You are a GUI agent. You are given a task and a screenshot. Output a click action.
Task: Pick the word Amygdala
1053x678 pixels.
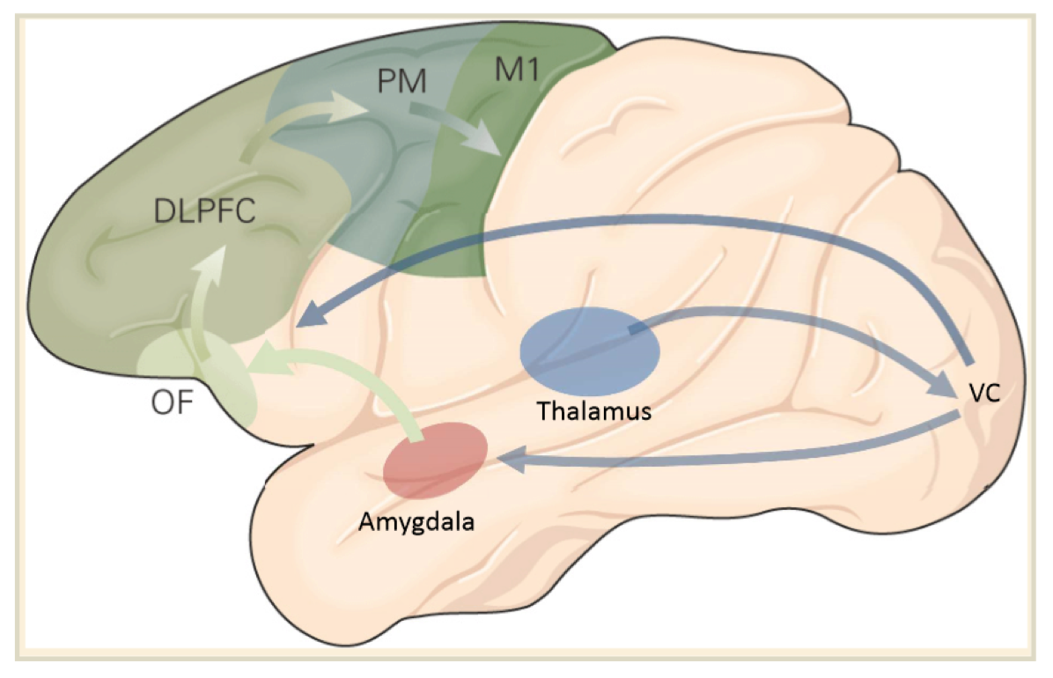click(416, 521)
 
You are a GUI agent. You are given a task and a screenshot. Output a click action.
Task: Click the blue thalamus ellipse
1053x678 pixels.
click(589, 351)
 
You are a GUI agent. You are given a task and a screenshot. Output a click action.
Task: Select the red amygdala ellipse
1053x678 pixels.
click(436, 460)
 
